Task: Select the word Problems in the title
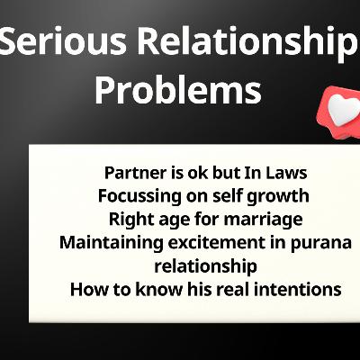pos(178,90)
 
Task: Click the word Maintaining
pos(105,242)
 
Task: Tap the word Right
pos(129,219)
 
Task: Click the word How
pos(87,289)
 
